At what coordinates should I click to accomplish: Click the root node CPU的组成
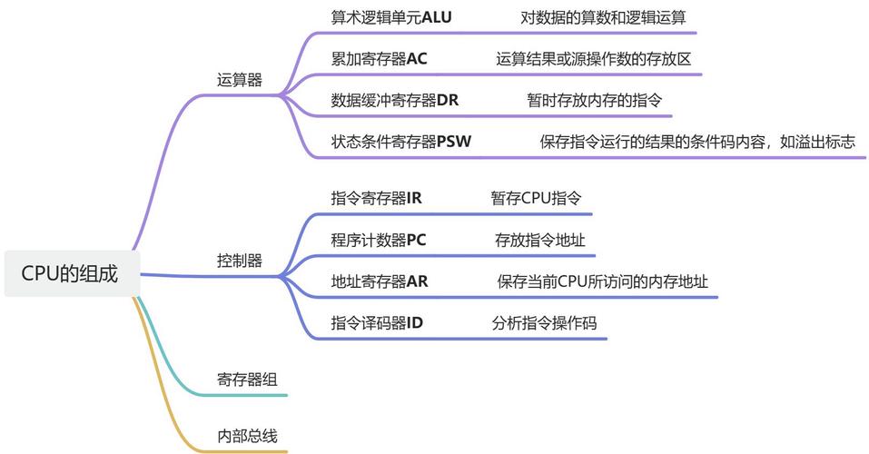(70, 273)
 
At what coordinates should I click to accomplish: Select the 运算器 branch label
(240, 80)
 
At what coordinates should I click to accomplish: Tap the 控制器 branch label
(240, 261)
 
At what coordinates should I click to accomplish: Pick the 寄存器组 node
(247, 380)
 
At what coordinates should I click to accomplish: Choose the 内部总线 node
(247, 436)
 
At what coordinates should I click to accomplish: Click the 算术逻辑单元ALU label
(391, 17)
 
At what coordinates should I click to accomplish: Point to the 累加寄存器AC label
(379, 59)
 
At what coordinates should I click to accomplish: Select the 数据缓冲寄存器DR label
(395, 100)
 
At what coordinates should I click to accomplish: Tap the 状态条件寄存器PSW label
(401, 142)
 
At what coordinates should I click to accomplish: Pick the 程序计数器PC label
(379, 240)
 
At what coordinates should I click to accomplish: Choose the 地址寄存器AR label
(380, 281)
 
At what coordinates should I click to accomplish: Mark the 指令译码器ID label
(377, 322)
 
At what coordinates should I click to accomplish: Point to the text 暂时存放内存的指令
(594, 100)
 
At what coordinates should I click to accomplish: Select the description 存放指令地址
(539, 240)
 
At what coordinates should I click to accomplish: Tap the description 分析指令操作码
(545, 322)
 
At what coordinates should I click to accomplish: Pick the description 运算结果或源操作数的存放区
(594, 59)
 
